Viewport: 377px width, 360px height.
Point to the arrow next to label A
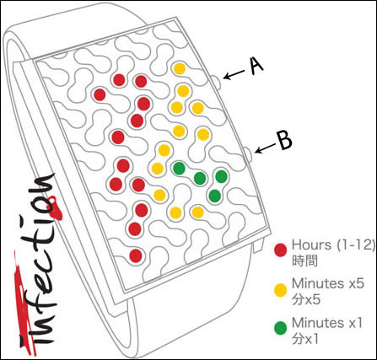click(234, 74)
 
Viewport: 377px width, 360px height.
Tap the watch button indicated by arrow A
click(217, 83)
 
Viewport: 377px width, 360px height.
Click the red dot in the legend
click(281, 250)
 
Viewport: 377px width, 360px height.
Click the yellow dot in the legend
click(281, 290)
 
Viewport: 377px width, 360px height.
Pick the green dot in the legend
click(281, 328)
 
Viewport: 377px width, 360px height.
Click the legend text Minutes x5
click(328, 283)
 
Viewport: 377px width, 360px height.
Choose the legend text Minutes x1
click(327, 323)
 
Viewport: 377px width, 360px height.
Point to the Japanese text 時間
click(304, 261)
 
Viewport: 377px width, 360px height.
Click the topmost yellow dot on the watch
click(180, 68)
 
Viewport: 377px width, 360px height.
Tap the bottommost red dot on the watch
click(136, 255)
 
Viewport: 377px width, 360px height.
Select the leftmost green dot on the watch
click(179, 169)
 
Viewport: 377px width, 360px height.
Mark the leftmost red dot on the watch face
click(100, 94)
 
